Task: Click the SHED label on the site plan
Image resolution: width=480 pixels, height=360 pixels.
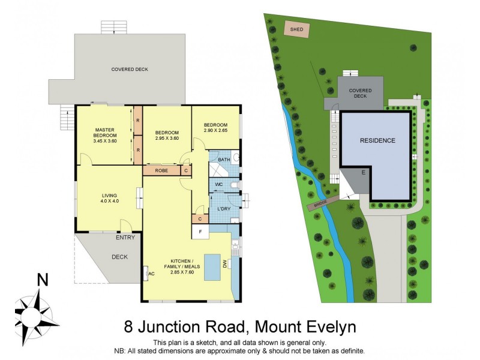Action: [x=296, y=29]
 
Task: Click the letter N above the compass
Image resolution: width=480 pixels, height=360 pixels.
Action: [x=43, y=280]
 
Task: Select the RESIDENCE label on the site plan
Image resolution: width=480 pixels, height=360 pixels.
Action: [x=377, y=141]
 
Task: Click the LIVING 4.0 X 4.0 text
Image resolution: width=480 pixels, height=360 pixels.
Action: [x=109, y=198]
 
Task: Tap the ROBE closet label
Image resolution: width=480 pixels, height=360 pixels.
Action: [x=161, y=170]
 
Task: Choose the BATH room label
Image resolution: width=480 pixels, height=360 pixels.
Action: [x=224, y=160]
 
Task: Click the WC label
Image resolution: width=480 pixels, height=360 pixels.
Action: [x=219, y=184]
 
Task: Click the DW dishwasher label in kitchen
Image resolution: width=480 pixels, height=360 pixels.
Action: [x=225, y=264]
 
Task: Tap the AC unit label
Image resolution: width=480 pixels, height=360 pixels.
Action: [x=152, y=274]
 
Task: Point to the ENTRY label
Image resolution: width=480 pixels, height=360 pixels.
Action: [x=125, y=238]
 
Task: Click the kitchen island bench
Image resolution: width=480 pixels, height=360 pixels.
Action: [x=212, y=267]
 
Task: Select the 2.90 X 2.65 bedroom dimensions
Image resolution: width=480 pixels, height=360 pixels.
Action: [x=215, y=131]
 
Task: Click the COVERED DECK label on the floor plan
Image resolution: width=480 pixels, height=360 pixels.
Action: [x=130, y=70]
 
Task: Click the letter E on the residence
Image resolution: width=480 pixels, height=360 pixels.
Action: [x=363, y=172]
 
